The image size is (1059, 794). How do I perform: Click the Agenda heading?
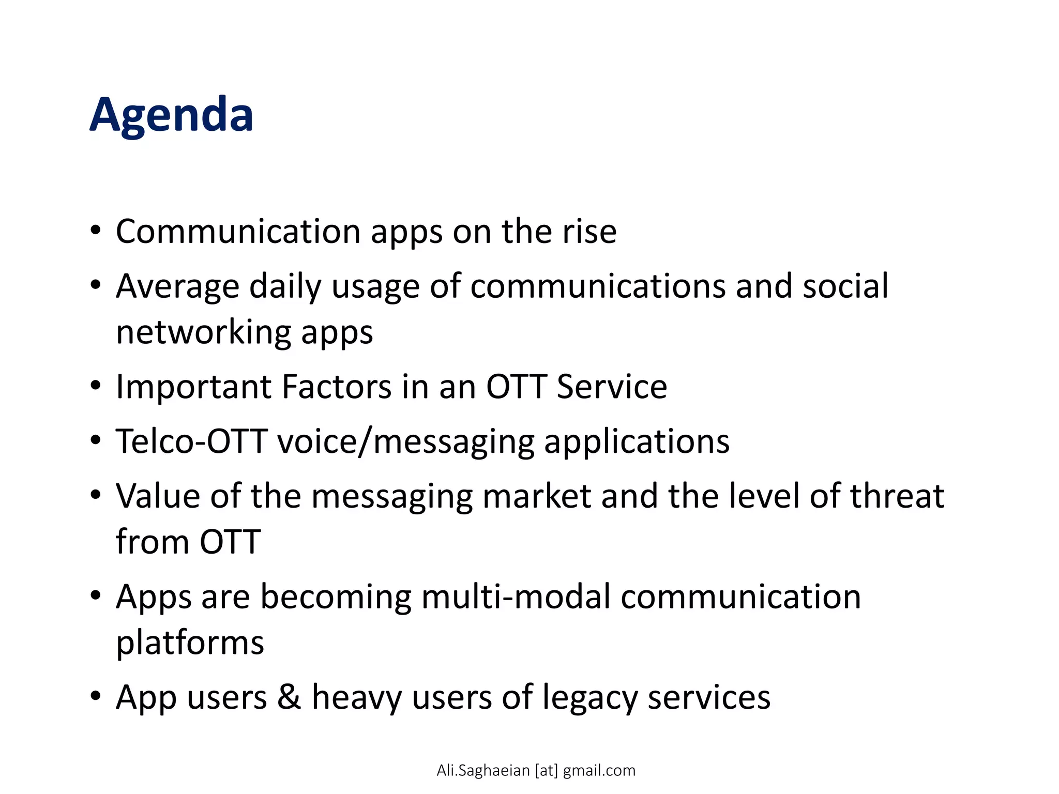pos(171,115)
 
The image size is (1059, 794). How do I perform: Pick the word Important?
pos(193,387)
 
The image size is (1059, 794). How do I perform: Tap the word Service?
pos(612,387)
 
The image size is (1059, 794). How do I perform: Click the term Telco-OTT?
pos(191,441)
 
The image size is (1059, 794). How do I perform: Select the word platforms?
pos(190,643)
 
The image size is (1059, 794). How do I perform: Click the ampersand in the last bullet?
pos(289,697)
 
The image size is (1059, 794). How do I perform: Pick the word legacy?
pos(590,698)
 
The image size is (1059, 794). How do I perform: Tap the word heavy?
pos(356,698)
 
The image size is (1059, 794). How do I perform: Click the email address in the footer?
pos(536,770)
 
